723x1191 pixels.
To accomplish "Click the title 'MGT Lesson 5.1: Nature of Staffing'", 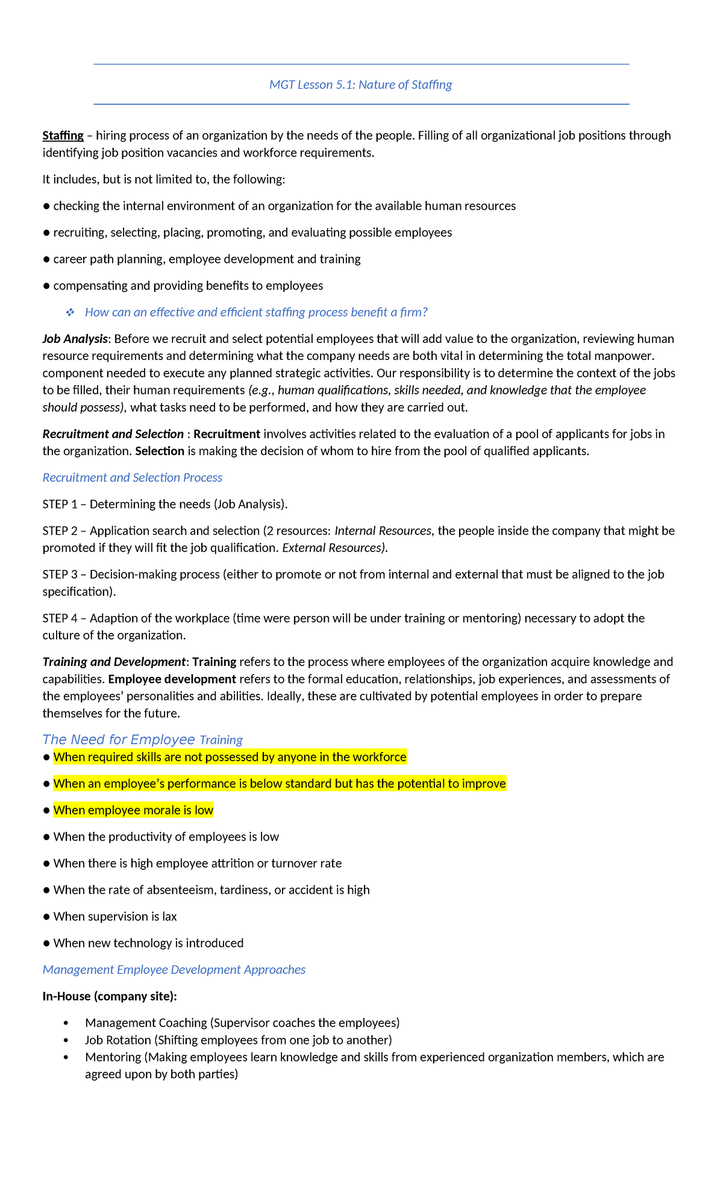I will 360,85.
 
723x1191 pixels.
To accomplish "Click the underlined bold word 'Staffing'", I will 63,136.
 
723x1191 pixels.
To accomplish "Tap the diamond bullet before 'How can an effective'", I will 70,312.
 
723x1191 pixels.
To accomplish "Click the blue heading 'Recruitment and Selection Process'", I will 132,477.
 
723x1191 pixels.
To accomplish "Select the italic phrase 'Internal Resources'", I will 383,530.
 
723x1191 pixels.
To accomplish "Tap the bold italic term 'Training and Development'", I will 114,662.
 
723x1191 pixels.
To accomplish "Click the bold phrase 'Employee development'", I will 172,679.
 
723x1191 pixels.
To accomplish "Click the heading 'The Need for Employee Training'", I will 142,740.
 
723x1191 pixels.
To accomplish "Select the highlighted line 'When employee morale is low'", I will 133,810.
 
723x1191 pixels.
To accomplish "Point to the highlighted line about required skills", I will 230,757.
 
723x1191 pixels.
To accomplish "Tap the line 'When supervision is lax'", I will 114,916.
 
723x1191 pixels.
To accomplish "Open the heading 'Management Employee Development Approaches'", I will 174,969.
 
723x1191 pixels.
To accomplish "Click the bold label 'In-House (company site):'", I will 110,996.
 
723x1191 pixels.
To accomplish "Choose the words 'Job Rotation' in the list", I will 118,1040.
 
